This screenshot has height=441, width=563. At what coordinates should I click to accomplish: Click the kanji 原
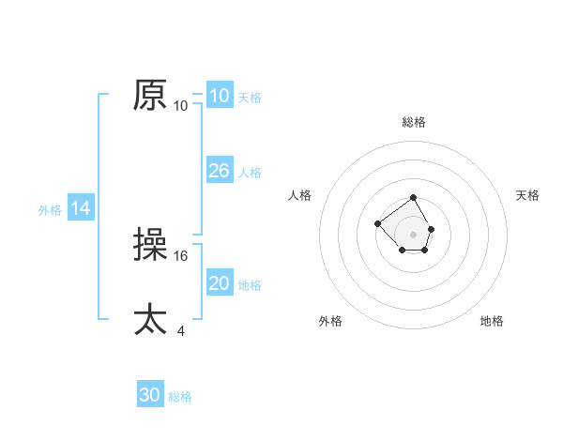tap(151, 95)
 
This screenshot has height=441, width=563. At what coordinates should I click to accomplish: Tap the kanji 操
tap(151, 245)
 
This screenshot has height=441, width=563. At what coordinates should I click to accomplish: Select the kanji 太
tap(151, 319)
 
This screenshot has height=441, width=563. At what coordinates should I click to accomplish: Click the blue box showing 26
tap(220, 171)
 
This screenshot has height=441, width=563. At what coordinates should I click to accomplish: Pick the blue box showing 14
tap(81, 209)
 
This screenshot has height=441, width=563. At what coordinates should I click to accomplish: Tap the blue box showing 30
tap(150, 395)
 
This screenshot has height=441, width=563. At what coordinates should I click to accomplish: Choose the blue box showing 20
tap(220, 283)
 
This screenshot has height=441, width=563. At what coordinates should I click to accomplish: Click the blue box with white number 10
tap(220, 96)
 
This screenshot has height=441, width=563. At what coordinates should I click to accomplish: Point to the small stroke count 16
tap(182, 254)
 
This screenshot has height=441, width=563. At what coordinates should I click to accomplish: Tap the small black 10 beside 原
tap(181, 105)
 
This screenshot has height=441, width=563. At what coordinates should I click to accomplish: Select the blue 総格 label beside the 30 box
tap(180, 397)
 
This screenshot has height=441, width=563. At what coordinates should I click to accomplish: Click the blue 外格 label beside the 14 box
tap(50, 210)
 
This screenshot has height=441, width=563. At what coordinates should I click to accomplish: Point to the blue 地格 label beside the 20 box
tap(250, 284)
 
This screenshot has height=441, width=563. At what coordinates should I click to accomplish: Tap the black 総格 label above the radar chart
tap(414, 122)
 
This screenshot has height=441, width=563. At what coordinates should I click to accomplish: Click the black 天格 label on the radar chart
tap(527, 195)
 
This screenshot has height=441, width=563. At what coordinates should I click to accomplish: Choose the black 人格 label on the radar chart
tap(300, 195)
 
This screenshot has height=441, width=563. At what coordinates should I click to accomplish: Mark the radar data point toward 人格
tap(377, 223)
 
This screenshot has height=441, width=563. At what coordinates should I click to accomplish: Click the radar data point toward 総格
tap(414, 198)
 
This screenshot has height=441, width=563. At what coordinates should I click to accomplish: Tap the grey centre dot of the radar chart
tap(414, 234)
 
